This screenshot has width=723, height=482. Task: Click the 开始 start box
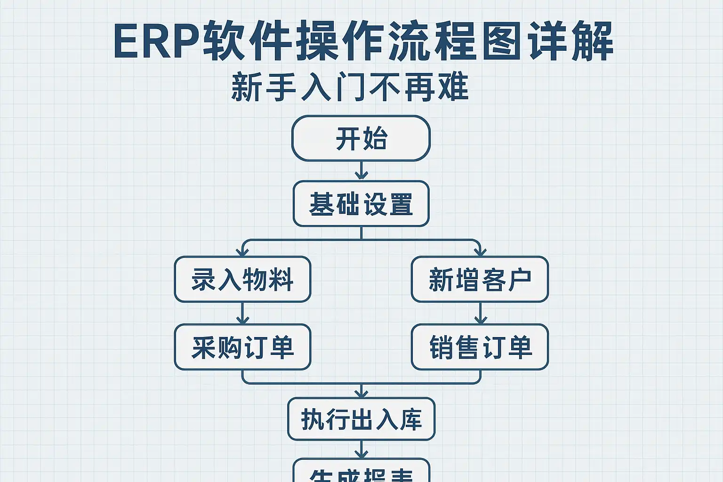coord(361,138)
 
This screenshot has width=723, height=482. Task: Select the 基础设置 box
coord(361,204)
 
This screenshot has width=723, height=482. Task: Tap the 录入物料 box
coord(242,280)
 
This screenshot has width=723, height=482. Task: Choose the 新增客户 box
coord(480,280)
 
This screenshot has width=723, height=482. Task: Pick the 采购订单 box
coord(242,347)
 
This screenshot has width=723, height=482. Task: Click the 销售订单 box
coord(480,347)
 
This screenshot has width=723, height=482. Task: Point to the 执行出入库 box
coord(361,419)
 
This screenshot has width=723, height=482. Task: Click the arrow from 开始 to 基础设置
coord(361,171)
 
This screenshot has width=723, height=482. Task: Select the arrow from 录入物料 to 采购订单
coord(242,313)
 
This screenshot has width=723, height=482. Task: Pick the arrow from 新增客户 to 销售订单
coord(480,313)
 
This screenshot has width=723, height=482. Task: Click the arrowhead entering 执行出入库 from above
coord(361,393)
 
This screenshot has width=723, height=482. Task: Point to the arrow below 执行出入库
coord(361,450)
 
